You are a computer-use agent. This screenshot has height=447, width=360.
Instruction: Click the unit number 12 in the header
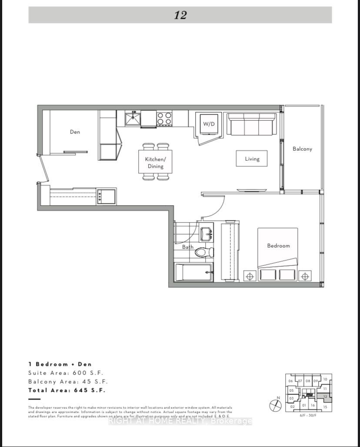click(180, 15)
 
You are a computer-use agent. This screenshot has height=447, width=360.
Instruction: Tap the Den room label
click(75, 132)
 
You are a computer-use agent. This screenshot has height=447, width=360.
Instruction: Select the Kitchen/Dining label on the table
click(155, 162)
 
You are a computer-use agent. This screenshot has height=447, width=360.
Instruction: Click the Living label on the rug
click(252, 159)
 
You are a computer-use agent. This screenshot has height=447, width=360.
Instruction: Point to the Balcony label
click(302, 149)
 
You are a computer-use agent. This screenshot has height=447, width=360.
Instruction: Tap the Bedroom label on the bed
click(278, 245)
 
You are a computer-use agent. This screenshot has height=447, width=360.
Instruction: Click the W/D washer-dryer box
click(209, 124)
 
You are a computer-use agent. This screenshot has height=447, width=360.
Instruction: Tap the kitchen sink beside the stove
click(133, 119)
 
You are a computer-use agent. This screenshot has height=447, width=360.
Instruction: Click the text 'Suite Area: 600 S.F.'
click(66, 373)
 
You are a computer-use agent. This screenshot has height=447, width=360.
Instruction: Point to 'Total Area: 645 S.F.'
click(67, 390)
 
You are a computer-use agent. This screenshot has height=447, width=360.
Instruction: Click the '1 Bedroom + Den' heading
click(60, 364)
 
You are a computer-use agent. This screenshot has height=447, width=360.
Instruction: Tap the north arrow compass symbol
click(276, 405)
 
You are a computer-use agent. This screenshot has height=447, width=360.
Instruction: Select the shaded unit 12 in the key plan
click(325, 397)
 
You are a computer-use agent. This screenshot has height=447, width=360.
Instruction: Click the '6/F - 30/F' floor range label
click(308, 415)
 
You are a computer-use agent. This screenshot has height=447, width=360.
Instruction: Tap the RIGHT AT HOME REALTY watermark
click(180, 421)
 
